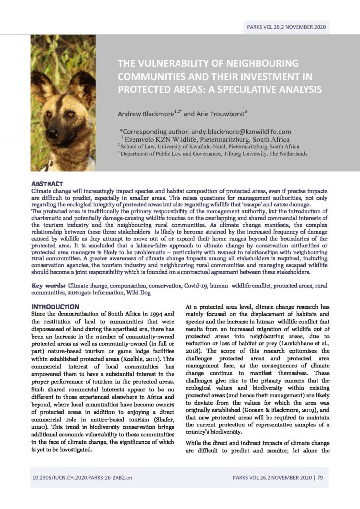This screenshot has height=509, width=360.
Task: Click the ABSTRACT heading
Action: [x=47, y=184]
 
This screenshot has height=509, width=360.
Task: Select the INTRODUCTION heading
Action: [x=55, y=306]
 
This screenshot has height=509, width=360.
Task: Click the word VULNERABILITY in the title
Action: [x=173, y=64]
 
